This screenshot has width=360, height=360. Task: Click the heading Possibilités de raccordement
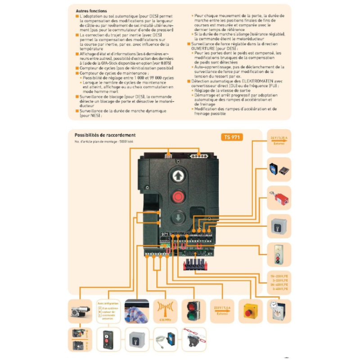click(104, 135)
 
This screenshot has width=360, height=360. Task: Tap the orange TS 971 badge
click(232, 137)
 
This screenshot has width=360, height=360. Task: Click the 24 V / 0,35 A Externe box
click(279, 140)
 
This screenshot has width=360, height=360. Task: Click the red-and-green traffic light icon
click(193, 311)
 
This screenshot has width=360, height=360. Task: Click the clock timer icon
click(279, 310)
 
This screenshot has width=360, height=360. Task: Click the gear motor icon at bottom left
click(80, 311)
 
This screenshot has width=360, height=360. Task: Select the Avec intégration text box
click(108, 311)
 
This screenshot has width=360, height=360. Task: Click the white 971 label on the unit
click(165, 234)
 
